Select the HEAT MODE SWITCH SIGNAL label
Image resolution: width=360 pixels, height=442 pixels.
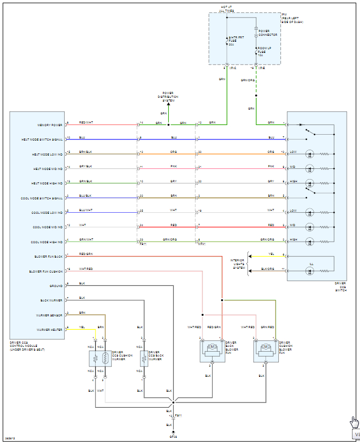(42, 139)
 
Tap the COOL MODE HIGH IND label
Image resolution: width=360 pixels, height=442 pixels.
(48, 242)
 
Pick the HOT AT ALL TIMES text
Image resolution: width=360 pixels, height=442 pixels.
(226, 9)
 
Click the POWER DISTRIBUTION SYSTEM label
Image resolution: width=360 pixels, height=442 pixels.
(168, 96)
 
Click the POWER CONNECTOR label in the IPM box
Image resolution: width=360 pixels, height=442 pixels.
(268, 33)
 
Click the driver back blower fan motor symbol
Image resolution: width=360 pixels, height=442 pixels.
(212, 347)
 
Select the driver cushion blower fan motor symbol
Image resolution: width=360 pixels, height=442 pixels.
(265, 347)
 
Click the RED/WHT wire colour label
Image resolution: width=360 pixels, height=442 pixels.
(85, 123)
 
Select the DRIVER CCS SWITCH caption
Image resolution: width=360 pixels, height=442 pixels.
(341, 286)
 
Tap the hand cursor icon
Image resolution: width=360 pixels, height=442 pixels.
(355, 422)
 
